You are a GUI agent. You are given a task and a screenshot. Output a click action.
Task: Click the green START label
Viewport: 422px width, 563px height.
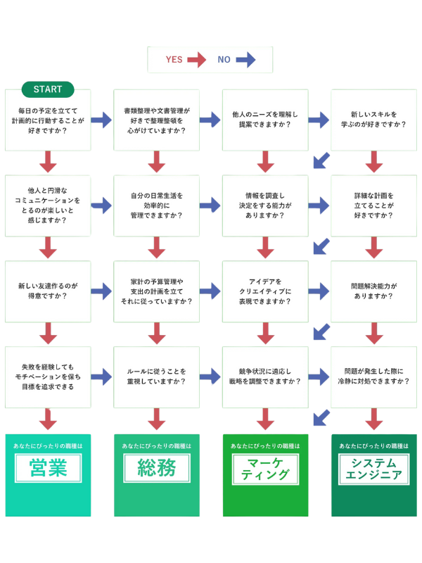coord(48,89)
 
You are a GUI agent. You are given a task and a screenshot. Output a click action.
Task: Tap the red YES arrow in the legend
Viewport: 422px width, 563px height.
coord(196,60)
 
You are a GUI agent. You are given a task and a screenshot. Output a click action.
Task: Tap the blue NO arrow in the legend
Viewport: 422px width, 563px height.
coord(245,60)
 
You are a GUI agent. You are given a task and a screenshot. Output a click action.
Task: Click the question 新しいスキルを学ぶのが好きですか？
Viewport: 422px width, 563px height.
coord(374,120)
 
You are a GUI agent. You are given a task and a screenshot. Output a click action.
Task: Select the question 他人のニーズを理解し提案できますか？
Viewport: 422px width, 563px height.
coord(265,120)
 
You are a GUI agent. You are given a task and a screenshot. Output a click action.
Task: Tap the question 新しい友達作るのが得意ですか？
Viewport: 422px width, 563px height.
coord(49,291)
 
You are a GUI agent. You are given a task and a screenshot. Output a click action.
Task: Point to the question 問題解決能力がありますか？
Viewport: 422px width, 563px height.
coord(374,291)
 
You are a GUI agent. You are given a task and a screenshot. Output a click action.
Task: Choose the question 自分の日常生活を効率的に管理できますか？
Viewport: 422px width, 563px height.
coord(157,205)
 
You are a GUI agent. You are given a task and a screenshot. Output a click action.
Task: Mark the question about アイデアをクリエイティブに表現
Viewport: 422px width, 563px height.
coord(265,291)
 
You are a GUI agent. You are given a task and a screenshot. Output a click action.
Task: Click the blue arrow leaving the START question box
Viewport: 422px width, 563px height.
coord(102,120)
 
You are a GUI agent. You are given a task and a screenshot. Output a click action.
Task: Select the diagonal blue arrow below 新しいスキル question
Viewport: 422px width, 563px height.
coord(321,160)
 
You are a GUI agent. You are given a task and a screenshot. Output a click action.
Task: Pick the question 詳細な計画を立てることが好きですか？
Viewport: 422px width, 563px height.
coord(374,205)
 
